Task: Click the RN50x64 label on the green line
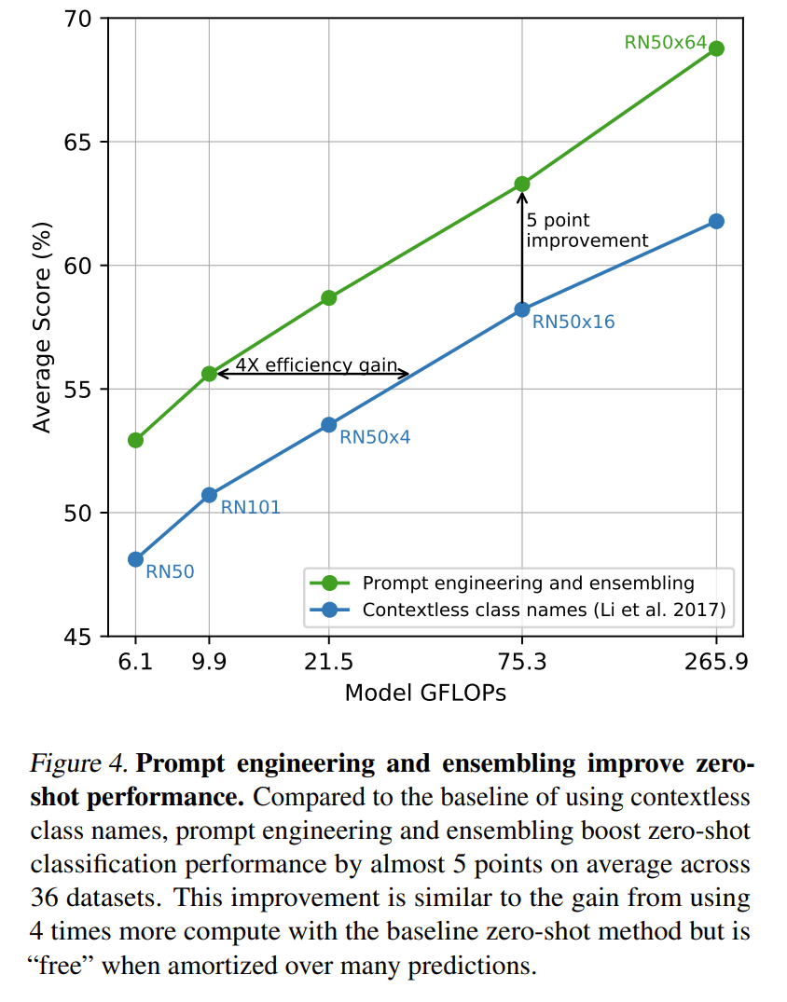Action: pos(664,42)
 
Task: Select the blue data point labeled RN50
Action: pos(135,559)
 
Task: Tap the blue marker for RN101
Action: pos(209,495)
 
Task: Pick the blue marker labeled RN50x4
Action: pos(328,424)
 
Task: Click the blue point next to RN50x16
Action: pos(522,309)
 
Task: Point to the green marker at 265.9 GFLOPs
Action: pos(716,48)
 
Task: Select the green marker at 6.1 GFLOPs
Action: pos(135,440)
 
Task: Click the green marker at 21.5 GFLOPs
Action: pos(328,297)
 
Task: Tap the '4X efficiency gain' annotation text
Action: pos(316,365)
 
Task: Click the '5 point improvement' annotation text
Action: pos(587,230)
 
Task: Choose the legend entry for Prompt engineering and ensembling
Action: pos(528,583)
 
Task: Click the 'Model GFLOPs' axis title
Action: pos(425,693)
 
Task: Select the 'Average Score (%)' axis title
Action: pos(42,327)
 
